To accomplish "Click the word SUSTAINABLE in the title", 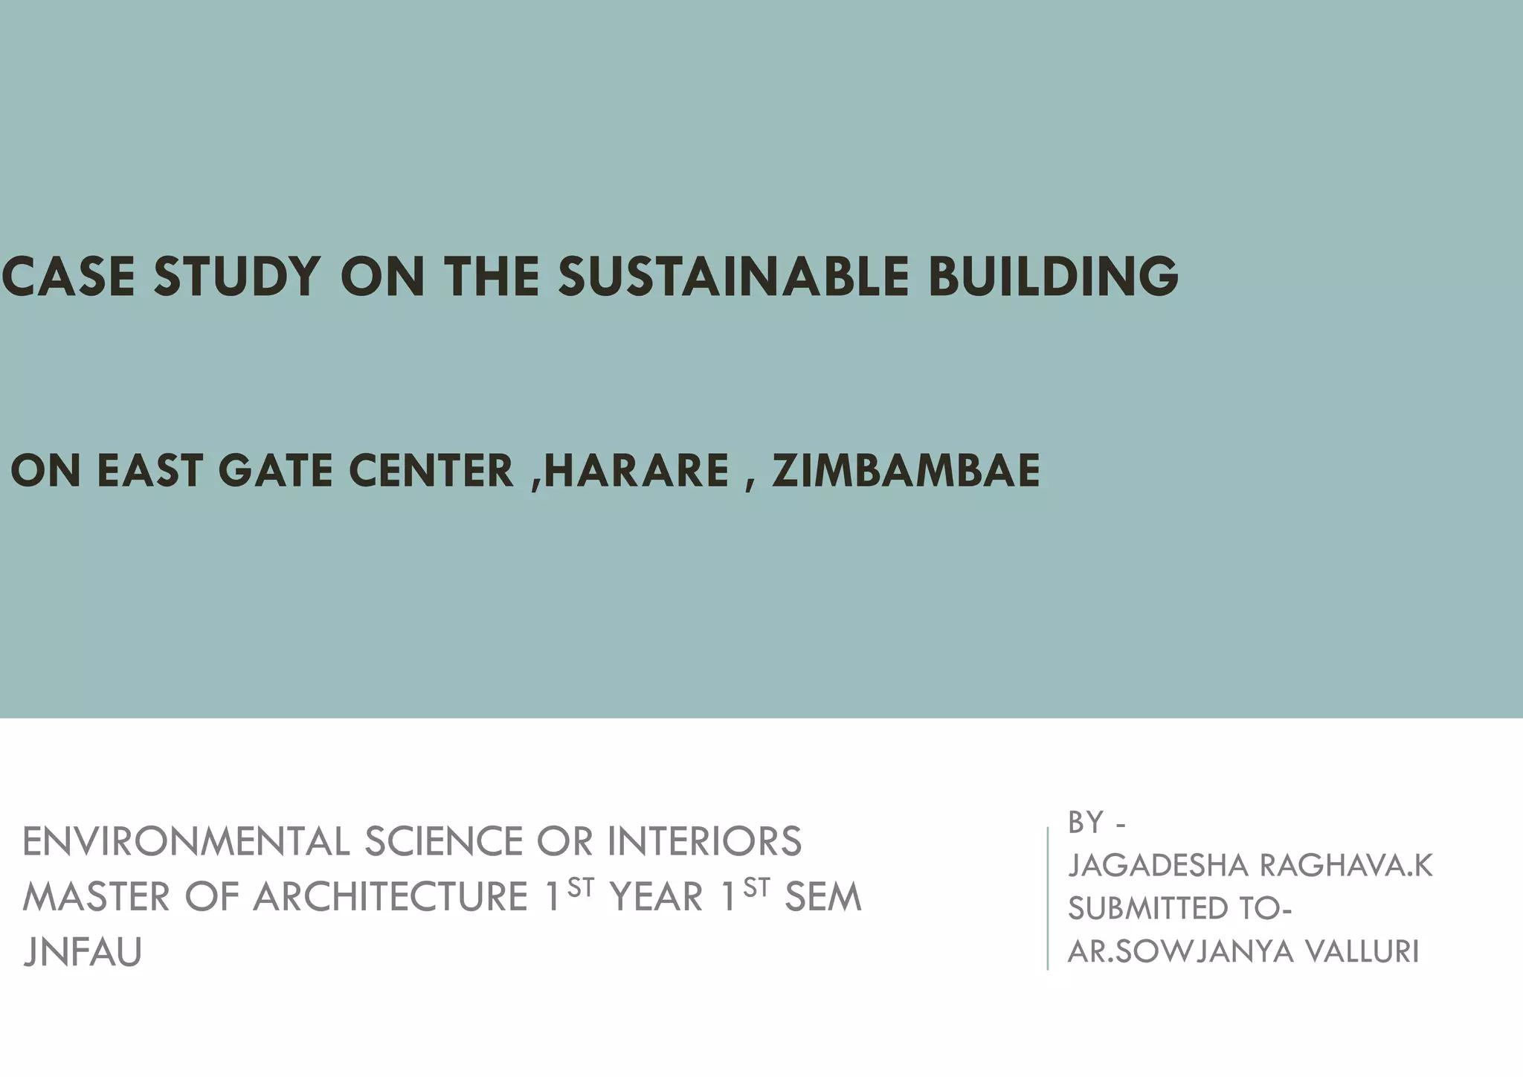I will click(x=733, y=276).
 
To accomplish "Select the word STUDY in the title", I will click(x=237, y=276).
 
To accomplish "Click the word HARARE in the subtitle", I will click(x=637, y=471).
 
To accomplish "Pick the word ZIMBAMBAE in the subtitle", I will click(x=906, y=471).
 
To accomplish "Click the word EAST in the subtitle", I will click(x=149, y=471).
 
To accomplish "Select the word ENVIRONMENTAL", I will click(x=186, y=842).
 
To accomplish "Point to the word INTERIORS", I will click(x=704, y=842).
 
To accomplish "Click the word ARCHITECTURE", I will click(x=391, y=897).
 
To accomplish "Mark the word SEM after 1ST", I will click(x=823, y=897).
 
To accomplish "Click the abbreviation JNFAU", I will click(x=83, y=952).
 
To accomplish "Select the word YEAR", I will click(x=657, y=897).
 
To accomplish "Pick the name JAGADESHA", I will click(x=1158, y=866).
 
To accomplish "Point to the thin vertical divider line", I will click(x=1048, y=898).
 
